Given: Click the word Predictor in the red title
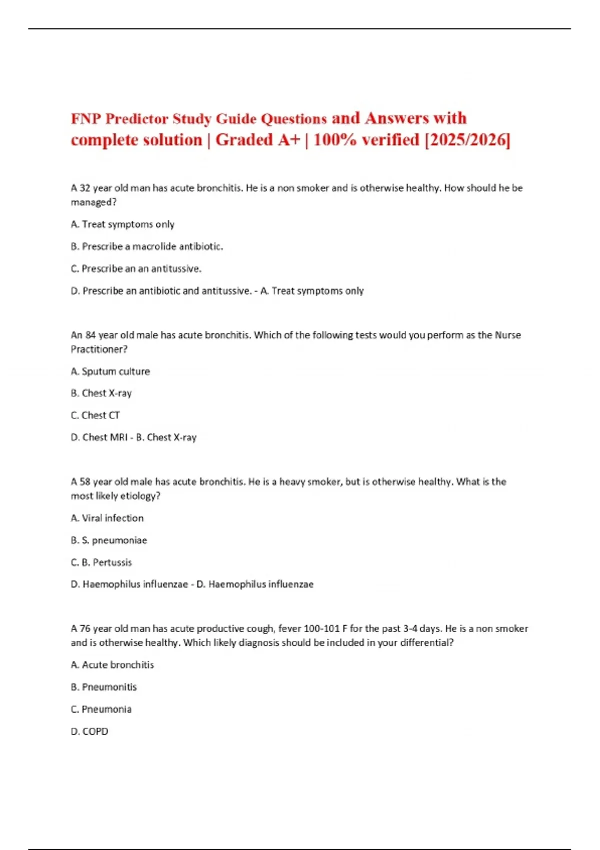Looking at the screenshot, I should [x=136, y=119].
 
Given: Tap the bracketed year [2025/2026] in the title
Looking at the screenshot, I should [x=467, y=140].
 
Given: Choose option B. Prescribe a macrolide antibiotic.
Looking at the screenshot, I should [x=147, y=247].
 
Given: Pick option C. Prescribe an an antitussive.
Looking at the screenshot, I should [x=136, y=269].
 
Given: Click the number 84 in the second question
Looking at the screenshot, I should [x=90, y=335].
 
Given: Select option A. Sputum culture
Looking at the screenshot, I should [x=110, y=371].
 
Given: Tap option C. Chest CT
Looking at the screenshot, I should [x=95, y=415].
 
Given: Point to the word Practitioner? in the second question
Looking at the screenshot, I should [x=99, y=349].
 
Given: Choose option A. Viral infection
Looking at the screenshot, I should [x=107, y=518].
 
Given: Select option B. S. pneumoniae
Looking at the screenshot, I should [x=109, y=540].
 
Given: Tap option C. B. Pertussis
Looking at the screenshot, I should [x=101, y=562].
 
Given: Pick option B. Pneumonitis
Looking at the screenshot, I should [x=104, y=687].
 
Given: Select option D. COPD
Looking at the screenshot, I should [x=89, y=731].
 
